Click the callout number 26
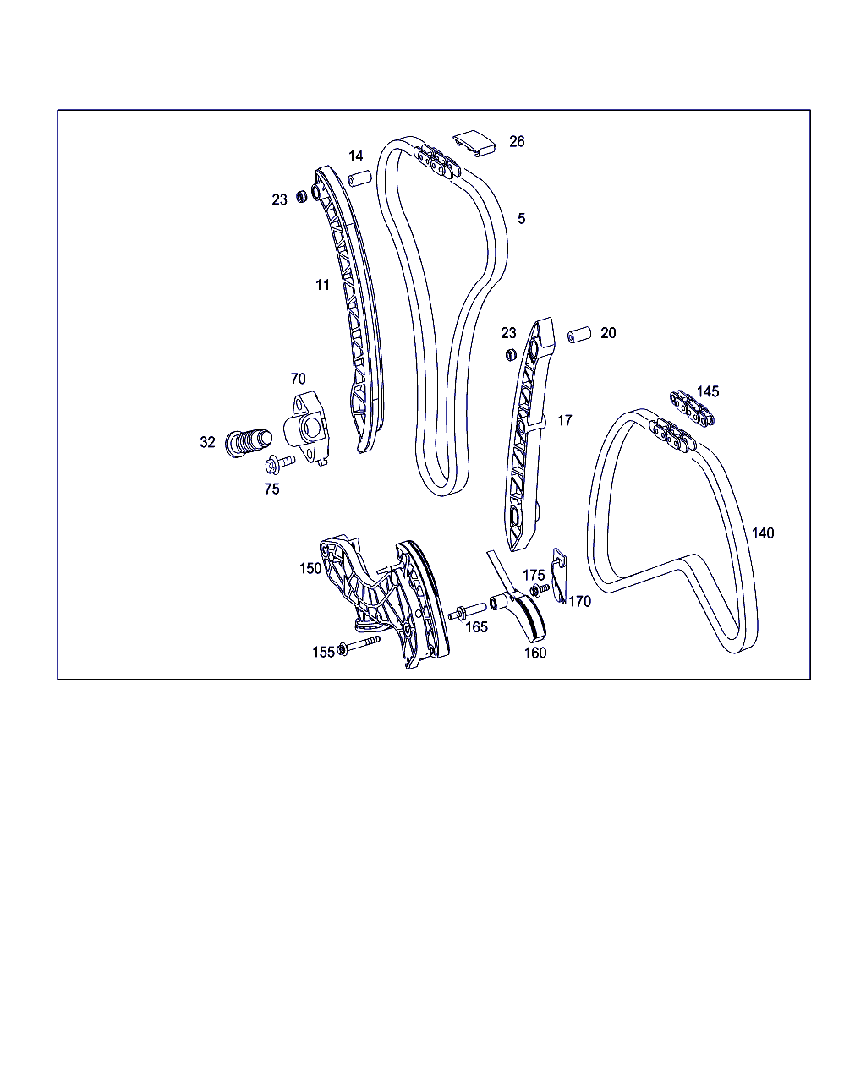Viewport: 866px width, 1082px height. coord(516,142)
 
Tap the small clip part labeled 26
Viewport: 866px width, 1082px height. coord(474,144)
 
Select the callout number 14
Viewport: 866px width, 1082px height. coord(356,156)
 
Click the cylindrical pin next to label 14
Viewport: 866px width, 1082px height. coord(359,179)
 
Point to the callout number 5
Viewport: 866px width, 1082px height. coord(521,219)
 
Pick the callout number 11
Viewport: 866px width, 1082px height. coord(322,285)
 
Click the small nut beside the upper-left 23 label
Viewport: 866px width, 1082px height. coord(301,196)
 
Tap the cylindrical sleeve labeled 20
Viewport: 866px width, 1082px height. coord(579,335)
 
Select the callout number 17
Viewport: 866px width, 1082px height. coord(565,420)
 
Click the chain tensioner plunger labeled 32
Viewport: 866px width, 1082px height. coord(248,442)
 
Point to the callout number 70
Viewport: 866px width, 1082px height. coord(298,379)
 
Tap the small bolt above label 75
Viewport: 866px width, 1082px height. coord(279,463)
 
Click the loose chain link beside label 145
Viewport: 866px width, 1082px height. coord(692,407)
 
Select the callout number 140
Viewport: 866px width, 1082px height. coord(763,533)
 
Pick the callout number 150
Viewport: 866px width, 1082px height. coord(310,568)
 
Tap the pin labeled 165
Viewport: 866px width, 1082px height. coord(468,611)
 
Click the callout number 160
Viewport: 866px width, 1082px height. coord(534,653)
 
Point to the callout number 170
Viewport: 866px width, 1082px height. coord(579,601)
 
